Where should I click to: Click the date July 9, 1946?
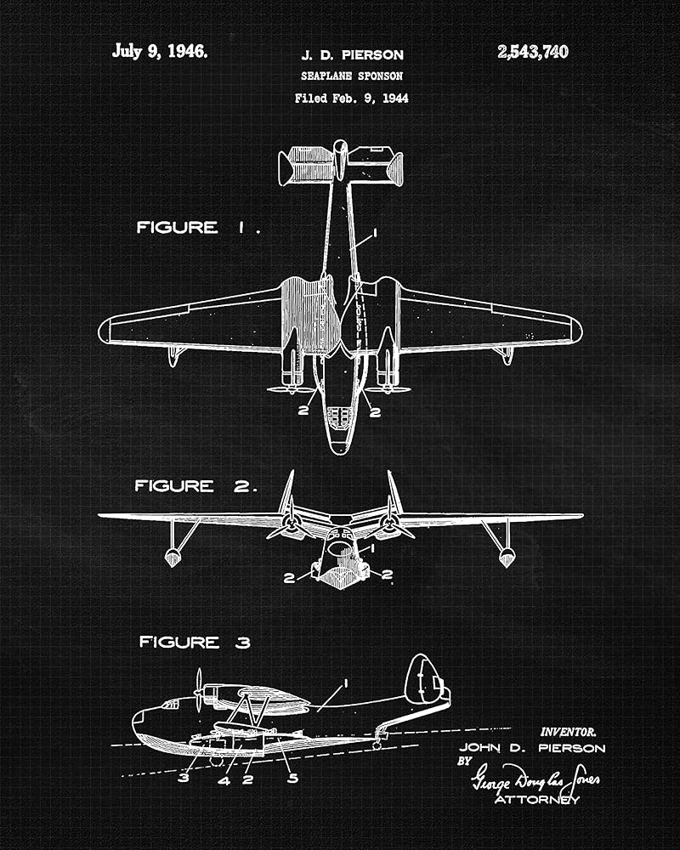(x=159, y=51)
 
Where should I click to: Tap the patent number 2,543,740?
(x=533, y=52)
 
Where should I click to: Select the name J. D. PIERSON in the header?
(x=352, y=55)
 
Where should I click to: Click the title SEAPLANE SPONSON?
(x=352, y=76)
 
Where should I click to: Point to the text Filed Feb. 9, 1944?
(x=352, y=98)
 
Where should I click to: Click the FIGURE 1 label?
(x=198, y=228)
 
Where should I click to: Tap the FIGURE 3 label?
(x=195, y=643)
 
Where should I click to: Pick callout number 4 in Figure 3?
(x=224, y=779)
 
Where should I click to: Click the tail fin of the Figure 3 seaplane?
(x=425, y=680)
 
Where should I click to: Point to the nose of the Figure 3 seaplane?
(x=139, y=721)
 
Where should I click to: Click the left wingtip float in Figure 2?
(x=173, y=557)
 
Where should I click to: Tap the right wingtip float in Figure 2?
(x=507, y=557)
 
